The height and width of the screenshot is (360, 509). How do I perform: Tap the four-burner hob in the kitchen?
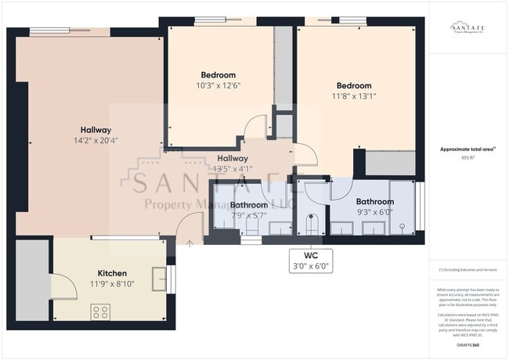[101, 311]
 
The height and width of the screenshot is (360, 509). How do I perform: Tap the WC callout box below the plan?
[311, 260]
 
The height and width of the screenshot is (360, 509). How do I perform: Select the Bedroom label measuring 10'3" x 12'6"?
[218, 75]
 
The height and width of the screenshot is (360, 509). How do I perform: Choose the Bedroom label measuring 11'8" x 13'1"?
[353, 85]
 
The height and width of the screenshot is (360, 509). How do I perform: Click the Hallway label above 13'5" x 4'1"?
[233, 158]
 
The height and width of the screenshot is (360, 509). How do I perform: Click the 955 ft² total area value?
[467, 157]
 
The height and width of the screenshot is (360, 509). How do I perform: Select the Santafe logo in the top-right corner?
[467, 27]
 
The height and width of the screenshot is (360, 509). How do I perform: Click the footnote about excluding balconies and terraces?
[467, 269]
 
